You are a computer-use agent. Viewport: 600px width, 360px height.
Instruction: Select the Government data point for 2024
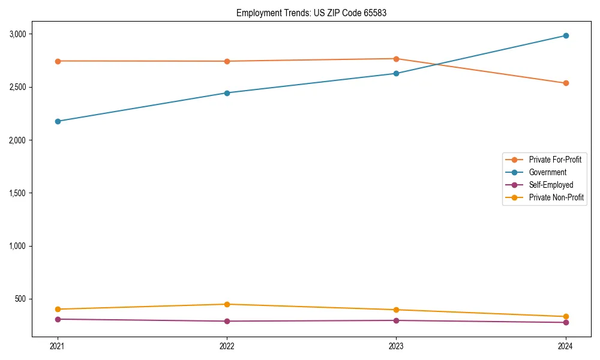[x=565, y=35]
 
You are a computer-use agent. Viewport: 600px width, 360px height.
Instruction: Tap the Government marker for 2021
[x=58, y=121]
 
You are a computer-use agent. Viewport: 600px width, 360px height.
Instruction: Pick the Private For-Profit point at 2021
[x=58, y=61]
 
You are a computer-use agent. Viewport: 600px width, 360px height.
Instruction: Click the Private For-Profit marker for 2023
[x=396, y=59]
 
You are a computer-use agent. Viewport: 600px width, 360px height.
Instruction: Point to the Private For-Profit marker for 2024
[x=565, y=83]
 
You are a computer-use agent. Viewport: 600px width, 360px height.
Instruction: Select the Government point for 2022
[x=227, y=93]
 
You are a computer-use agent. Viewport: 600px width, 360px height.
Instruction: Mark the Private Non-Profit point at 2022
[x=227, y=304]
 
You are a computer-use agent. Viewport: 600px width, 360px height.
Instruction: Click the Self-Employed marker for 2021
[x=58, y=319]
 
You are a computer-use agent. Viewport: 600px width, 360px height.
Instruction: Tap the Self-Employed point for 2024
[x=565, y=322]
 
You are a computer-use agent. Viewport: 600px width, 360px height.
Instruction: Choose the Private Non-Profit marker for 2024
[x=565, y=316]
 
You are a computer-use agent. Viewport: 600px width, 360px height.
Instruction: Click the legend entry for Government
[x=547, y=172]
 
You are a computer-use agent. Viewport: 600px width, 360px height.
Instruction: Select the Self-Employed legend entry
[x=551, y=185]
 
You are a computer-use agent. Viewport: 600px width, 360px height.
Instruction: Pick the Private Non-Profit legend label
[x=556, y=197]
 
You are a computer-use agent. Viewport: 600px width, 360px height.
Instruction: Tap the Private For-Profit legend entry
[x=555, y=160]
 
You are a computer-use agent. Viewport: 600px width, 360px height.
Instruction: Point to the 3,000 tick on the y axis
[x=18, y=34]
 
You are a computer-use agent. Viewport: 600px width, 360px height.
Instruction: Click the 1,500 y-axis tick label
[x=18, y=193]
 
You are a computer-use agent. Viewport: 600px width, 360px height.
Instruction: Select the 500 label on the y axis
[x=21, y=299]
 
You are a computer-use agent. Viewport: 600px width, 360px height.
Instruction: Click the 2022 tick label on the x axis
[x=227, y=346]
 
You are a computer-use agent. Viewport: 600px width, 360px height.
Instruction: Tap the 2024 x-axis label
[x=565, y=346]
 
